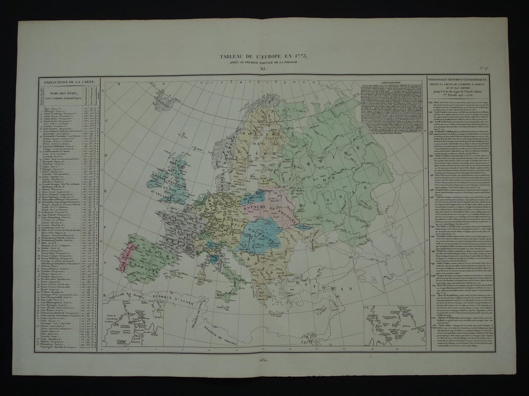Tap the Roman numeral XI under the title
265,69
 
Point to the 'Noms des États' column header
62,98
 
